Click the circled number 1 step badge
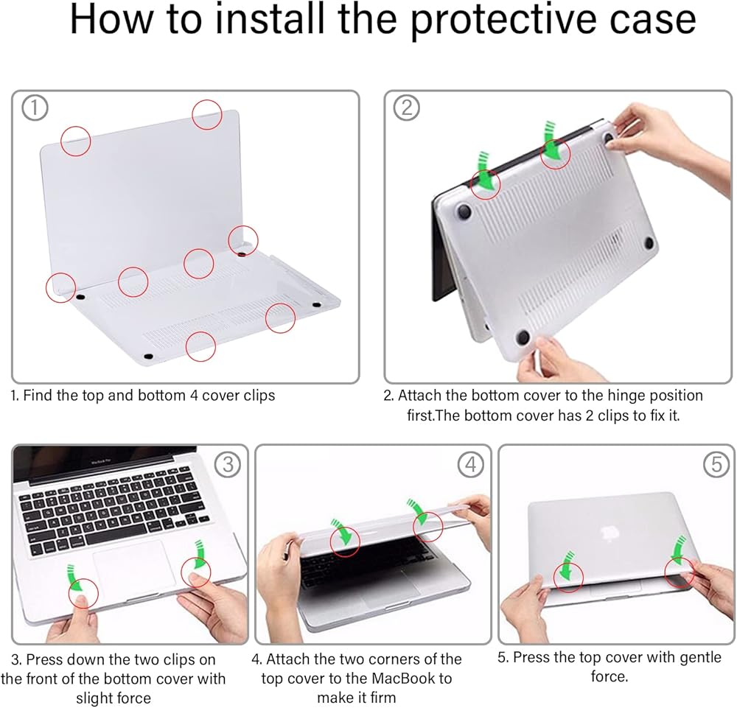tap(35, 108)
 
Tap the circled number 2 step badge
tap(406, 108)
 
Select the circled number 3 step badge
tap(228, 465)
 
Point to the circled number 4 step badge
tap(470, 465)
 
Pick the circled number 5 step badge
tap(716, 465)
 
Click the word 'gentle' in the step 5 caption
tap(700, 656)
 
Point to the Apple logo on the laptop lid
tap(609, 532)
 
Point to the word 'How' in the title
tap(111, 19)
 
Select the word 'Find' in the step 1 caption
tap(38, 396)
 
